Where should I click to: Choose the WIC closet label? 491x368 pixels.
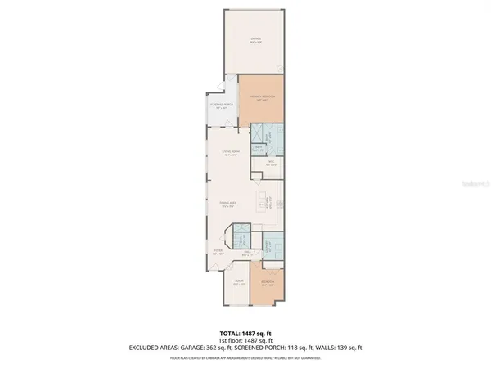point(269,164)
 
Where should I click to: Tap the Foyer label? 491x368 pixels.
point(218,252)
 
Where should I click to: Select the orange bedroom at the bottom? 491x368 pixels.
point(267,285)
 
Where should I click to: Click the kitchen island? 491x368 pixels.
point(264,202)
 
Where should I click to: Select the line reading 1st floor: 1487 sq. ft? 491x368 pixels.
point(245,339)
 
